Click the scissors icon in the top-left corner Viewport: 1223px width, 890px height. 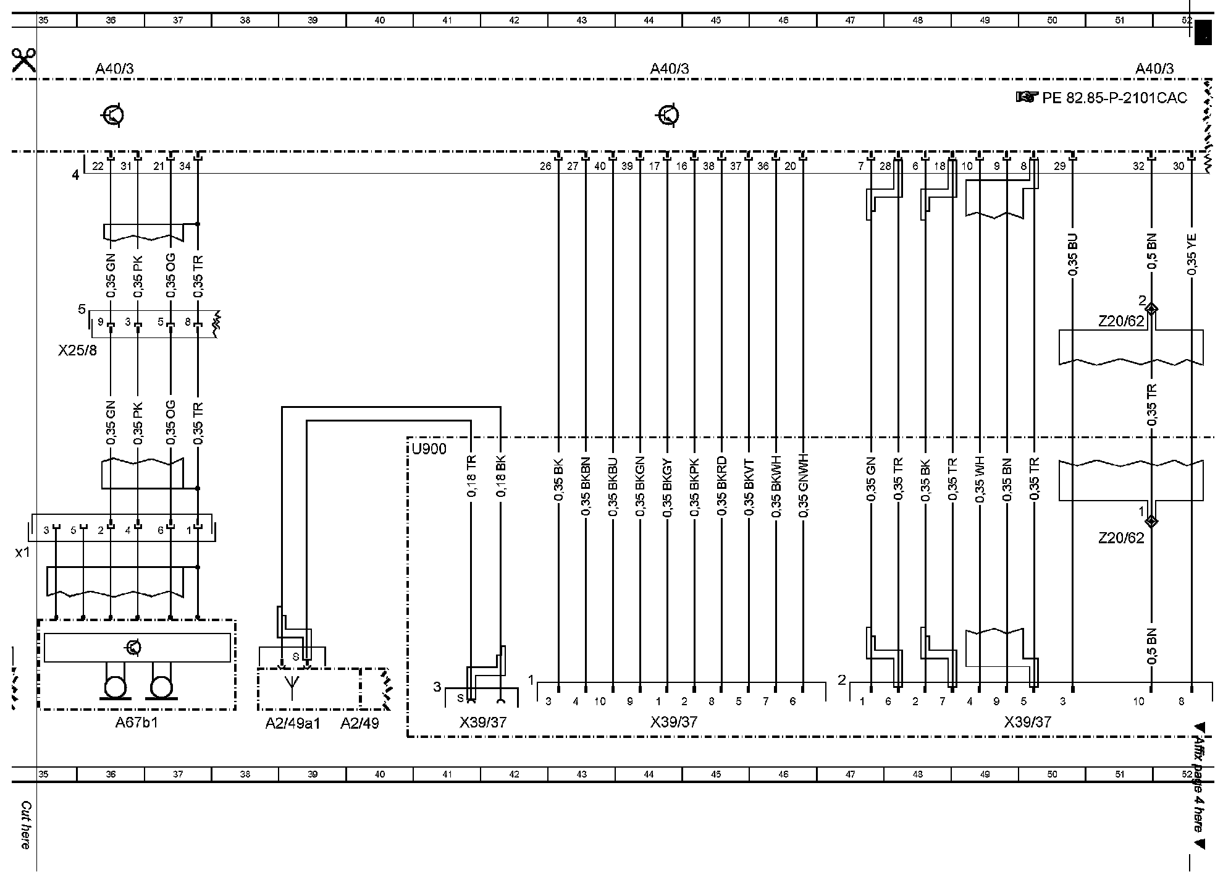[23, 60]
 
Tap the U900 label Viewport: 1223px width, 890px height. [429, 449]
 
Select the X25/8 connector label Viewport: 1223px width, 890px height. [77, 350]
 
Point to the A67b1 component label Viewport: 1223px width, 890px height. [137, 723]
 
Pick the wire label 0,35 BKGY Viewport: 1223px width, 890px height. [667, 488]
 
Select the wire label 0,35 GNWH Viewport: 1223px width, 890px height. [803, 488]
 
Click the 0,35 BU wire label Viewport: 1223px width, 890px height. [1072, 255]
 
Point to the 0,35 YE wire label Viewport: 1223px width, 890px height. [1191, 255]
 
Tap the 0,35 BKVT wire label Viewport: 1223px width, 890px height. [749, 488]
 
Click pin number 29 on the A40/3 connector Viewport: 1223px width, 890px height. [1059, 166]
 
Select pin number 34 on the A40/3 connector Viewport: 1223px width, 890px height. [185, 166]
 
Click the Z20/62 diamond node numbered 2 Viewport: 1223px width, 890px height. [1151, 308]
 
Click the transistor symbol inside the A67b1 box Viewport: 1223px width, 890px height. [133, 648]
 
